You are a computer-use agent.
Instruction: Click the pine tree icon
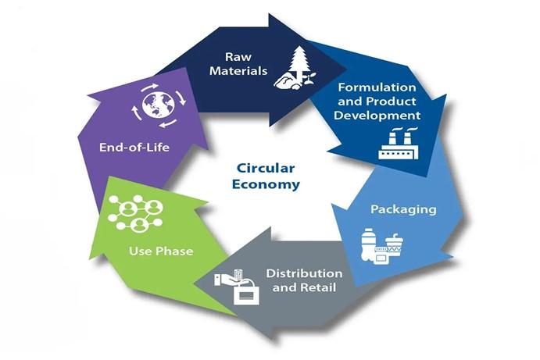(299, 63)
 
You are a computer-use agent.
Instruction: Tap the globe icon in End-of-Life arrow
(159, 105)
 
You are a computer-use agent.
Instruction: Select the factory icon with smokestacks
(399, 143)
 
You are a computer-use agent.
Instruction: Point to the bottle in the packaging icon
(368, 244)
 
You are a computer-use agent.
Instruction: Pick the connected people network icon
(135, 213)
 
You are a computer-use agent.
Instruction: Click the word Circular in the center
(266, 169)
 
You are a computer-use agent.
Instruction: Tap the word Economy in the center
(266, 184)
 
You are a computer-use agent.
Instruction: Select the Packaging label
(403, 209)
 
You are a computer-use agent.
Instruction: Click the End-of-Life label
(134, 148)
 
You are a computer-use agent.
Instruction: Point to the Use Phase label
(161, 251)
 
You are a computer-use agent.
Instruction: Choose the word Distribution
(304, 273)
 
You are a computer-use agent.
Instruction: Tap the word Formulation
(377, 87)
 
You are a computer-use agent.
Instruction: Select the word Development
(377, 116)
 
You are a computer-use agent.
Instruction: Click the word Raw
(238, 57)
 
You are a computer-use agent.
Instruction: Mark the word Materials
(238, 71)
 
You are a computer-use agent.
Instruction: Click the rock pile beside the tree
(287, 82)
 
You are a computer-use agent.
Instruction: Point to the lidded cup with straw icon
(395, 244)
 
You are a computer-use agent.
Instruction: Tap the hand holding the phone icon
(228, 278)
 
